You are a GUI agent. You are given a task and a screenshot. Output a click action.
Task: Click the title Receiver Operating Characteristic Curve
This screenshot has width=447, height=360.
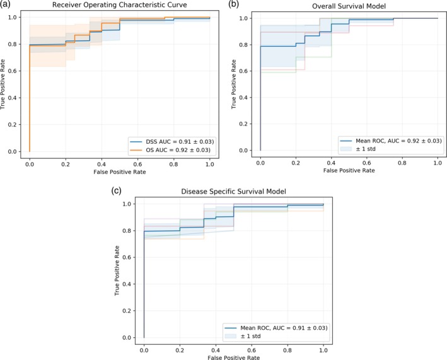119,6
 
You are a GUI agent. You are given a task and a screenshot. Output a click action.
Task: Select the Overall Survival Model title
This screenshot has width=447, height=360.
349,6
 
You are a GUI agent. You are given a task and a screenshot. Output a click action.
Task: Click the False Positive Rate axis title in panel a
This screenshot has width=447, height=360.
119,172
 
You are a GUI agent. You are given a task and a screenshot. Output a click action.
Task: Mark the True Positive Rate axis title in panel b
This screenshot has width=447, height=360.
236,84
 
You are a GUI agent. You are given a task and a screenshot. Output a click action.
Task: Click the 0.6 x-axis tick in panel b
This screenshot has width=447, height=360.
366,162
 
